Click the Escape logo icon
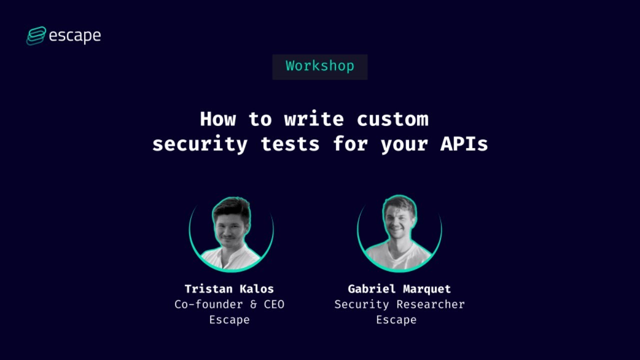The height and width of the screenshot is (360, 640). click(36, 36)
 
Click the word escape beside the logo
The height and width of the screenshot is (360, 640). click(75, 36)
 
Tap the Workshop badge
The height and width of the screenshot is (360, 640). click(320, 66)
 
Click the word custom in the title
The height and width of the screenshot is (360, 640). click(392, 119)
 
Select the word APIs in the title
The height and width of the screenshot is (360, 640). click(464, 144)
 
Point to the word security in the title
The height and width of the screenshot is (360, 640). click(199, 144)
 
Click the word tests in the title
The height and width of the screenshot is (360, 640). click(290, 144)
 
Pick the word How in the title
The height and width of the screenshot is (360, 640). click(218, 119)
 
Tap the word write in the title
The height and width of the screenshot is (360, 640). click(314, 119)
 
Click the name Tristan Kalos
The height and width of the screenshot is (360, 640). click(229, 289)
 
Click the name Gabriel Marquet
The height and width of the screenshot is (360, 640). click(399, 289)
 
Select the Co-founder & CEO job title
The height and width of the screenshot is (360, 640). click(229, 304)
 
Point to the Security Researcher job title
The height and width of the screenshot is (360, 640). click(399, 304)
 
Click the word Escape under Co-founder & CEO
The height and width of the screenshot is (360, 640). click(229, 320)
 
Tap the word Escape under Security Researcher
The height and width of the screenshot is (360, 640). click(396, 320)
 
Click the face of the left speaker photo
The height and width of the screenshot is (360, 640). click(231, 227)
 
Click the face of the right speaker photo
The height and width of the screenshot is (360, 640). click(399, 223)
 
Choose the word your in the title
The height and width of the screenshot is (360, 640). click(404, 144)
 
